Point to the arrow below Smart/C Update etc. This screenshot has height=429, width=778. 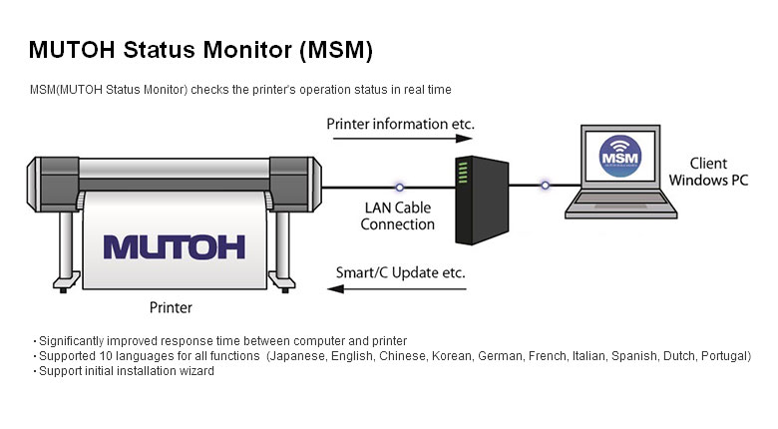pyautogui.click(x=400, y=289)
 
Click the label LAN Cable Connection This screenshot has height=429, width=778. pyautogui.click(x=398, y=216)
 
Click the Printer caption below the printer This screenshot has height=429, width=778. pyautogui.click(x=170, y=307)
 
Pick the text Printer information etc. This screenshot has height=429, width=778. pyautogui.click(x=401, y=124)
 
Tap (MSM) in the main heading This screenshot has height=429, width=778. pyautogui.click(x=338, y=49)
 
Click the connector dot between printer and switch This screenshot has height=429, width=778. pyautogui.click(x=399, y=186)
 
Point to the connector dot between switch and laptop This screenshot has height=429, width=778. pyautogui.click(x=545, y=185)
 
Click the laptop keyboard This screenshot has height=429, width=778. pyautogui.click(x=620, y=204)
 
